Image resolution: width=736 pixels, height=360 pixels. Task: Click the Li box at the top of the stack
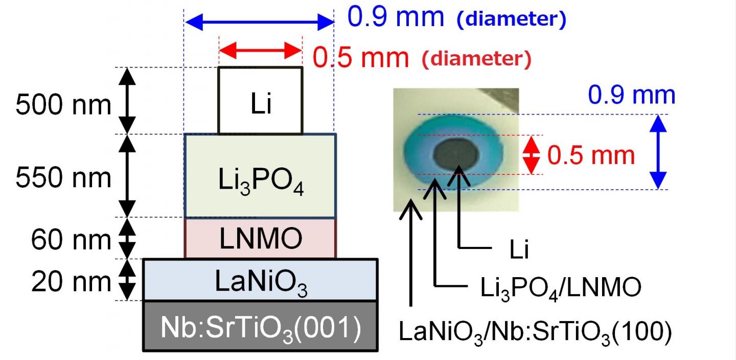click(x=260, y=101)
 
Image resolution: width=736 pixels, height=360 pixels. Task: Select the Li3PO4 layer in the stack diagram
click(x=260, y=176)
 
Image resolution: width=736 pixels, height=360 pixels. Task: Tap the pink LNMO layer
click(x=260, y=238)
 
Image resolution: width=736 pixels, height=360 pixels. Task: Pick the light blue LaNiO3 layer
click(x=260, y=280)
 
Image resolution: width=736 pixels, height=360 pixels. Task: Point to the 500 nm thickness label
click(x=63, y=106)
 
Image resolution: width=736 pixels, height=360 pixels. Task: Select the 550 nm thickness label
click(x=63, y=178)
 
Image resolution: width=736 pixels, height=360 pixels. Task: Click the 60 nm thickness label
click(x=71, y=239)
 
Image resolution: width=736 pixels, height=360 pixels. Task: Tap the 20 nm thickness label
click(x=71, y=281)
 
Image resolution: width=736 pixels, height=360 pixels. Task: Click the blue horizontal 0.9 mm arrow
click(x=259, y=22)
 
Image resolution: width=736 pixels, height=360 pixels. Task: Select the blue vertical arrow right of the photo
click(x=659, y=152)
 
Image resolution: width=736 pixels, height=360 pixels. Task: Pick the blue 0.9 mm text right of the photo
click(x=631, y=96)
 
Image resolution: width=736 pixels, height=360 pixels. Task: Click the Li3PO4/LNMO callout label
click(x=560, y=287)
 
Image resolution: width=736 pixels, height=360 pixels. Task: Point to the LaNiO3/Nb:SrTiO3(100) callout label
click(x=534, y=331)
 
